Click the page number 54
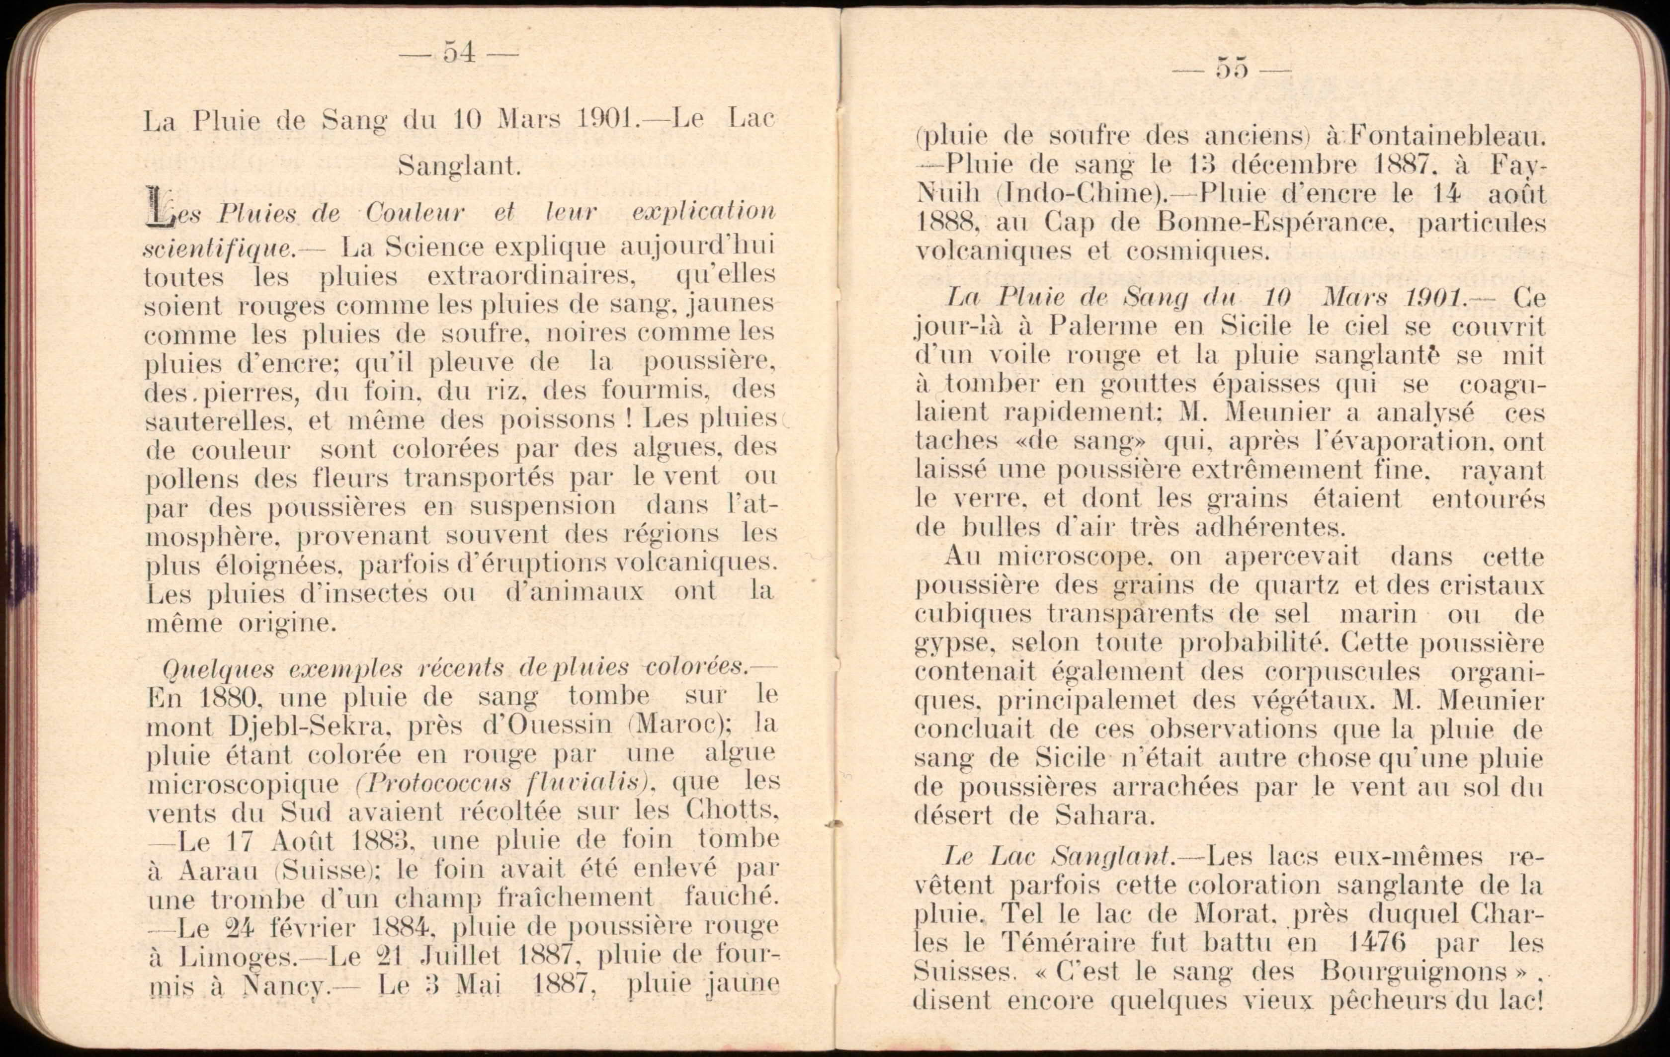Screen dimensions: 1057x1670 coord(459,53)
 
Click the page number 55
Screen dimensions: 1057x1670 coord(1232,70)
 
